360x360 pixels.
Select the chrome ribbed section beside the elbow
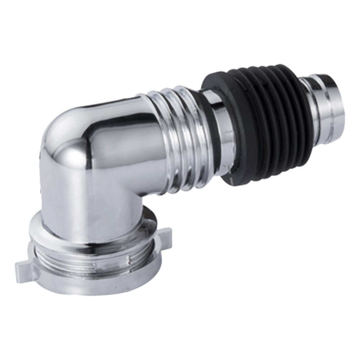176,140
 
